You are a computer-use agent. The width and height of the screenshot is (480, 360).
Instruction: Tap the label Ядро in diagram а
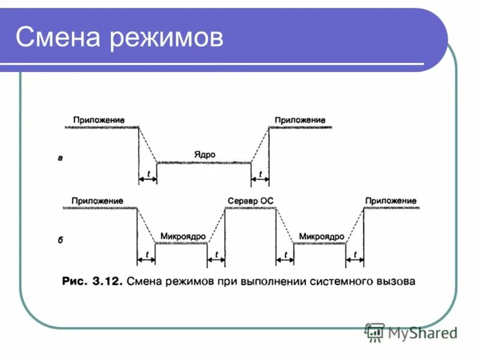204,154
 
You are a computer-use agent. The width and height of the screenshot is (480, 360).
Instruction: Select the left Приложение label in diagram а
99,120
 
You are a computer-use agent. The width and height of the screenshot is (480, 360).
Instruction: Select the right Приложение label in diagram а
300,120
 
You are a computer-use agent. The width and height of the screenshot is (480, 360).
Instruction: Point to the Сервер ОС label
250,200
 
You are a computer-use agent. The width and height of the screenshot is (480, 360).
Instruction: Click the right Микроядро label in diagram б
321,236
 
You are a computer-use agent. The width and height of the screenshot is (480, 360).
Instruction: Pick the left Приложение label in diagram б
97,200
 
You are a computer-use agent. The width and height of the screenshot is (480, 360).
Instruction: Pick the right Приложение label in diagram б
390,200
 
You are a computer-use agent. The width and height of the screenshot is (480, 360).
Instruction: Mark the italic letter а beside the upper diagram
60,158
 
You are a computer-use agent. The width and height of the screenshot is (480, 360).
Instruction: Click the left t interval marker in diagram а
148,175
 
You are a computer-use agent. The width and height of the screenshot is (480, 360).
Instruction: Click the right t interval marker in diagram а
260,175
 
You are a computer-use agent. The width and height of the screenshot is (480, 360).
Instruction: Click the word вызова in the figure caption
395,281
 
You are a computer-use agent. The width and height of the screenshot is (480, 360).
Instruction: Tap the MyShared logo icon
375,332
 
